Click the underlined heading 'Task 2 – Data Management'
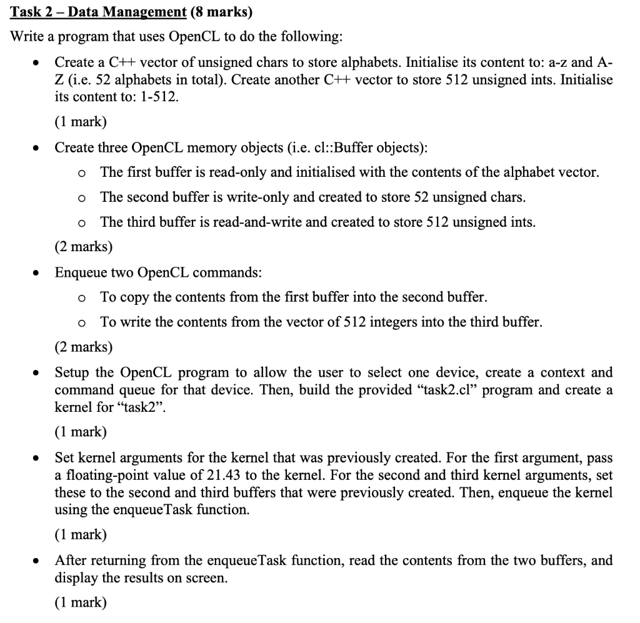coord(99,12)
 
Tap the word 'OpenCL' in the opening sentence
coord(194,36)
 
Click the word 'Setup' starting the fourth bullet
coord(71,372)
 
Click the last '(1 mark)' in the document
coord(81,602)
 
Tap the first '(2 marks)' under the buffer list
coord(84,246)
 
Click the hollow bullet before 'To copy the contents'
coord(82,298)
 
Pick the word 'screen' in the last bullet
coord(207,577)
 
